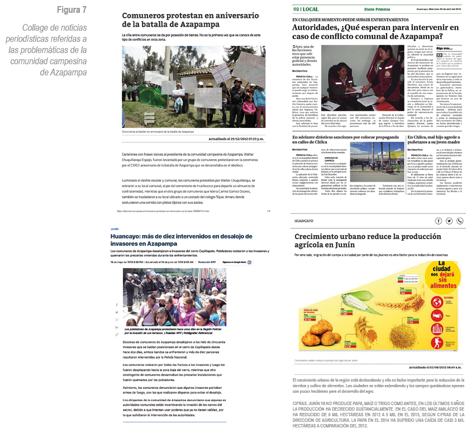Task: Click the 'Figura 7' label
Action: click(x=72, y=10)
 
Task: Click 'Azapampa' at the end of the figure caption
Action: click(x=70, y=73)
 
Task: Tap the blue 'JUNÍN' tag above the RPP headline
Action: click(x=115, y=229)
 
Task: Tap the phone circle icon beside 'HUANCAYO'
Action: click(x=459, y=221)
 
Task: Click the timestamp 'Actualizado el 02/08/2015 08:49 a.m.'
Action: click(x=435, y=367)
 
